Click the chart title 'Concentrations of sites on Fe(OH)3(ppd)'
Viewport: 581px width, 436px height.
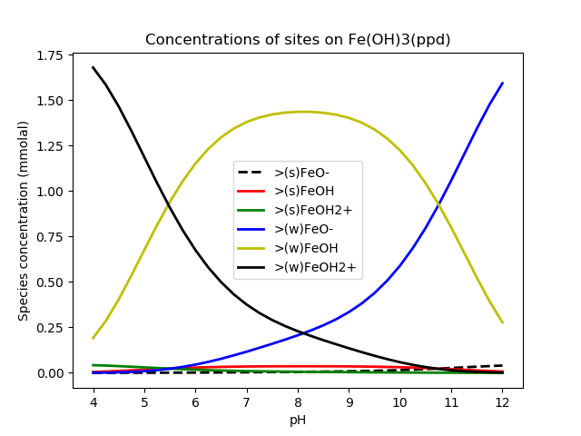click(298, 40)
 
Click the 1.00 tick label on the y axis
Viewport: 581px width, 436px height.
click(49, 192)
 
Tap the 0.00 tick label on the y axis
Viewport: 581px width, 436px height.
click(49, 373)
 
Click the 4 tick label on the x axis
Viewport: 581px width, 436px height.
click(94, 402)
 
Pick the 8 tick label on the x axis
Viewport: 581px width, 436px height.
click(298, 402)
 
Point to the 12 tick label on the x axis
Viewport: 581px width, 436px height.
click(502, 402)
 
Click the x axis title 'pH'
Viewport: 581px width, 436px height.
click(298, 420)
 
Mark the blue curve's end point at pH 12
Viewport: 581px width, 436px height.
click(502, 84)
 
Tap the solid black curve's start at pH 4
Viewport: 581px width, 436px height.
click(94, 67)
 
